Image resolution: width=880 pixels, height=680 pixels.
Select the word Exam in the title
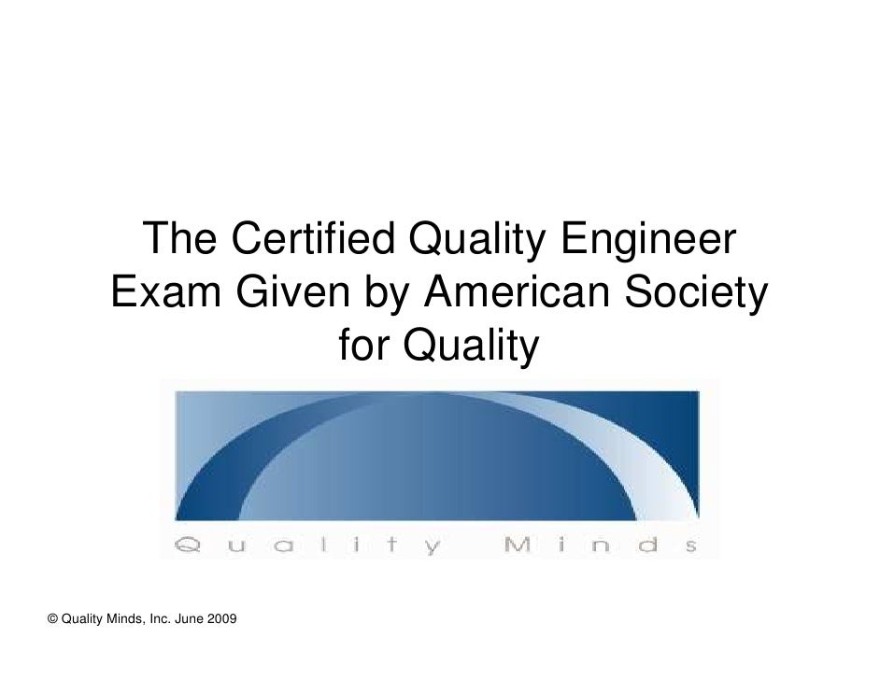(166, 291)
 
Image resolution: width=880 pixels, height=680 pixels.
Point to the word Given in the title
(293, 291)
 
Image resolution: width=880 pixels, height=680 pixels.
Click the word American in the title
(517, 291)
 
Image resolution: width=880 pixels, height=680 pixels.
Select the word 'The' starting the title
(179, 238)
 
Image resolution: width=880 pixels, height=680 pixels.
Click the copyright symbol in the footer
(52, 619)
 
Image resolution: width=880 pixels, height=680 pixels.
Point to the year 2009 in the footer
(221, 619)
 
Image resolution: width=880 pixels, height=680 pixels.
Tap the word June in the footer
(189, 619)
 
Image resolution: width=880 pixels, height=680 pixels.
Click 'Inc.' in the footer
(161, 619)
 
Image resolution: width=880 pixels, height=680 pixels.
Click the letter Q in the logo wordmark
(188, 545)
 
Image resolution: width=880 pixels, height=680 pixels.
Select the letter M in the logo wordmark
(517, 545)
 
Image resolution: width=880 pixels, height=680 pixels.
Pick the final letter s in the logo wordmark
(691, 546)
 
